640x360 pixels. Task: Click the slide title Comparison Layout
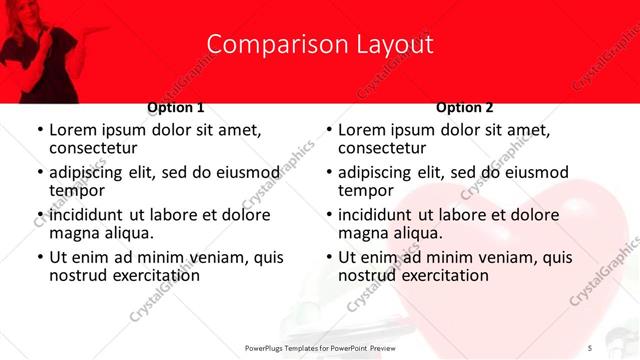tap(320, 45)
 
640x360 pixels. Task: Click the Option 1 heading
tap(176, 107)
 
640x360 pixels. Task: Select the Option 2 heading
tap(464, 107)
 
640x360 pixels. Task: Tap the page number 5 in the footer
tap(591, 347)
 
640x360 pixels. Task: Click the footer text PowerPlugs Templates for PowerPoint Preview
tap(320, 347)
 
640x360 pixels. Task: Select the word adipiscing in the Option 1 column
tap(88, 172)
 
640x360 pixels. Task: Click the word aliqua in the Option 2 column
tap(419, 233)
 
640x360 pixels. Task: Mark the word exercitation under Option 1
tap(155, 275)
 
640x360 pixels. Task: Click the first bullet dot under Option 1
tap(39, 131)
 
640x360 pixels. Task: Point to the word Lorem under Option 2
tap(361, 130)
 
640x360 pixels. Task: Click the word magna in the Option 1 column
tap(72, 233)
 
